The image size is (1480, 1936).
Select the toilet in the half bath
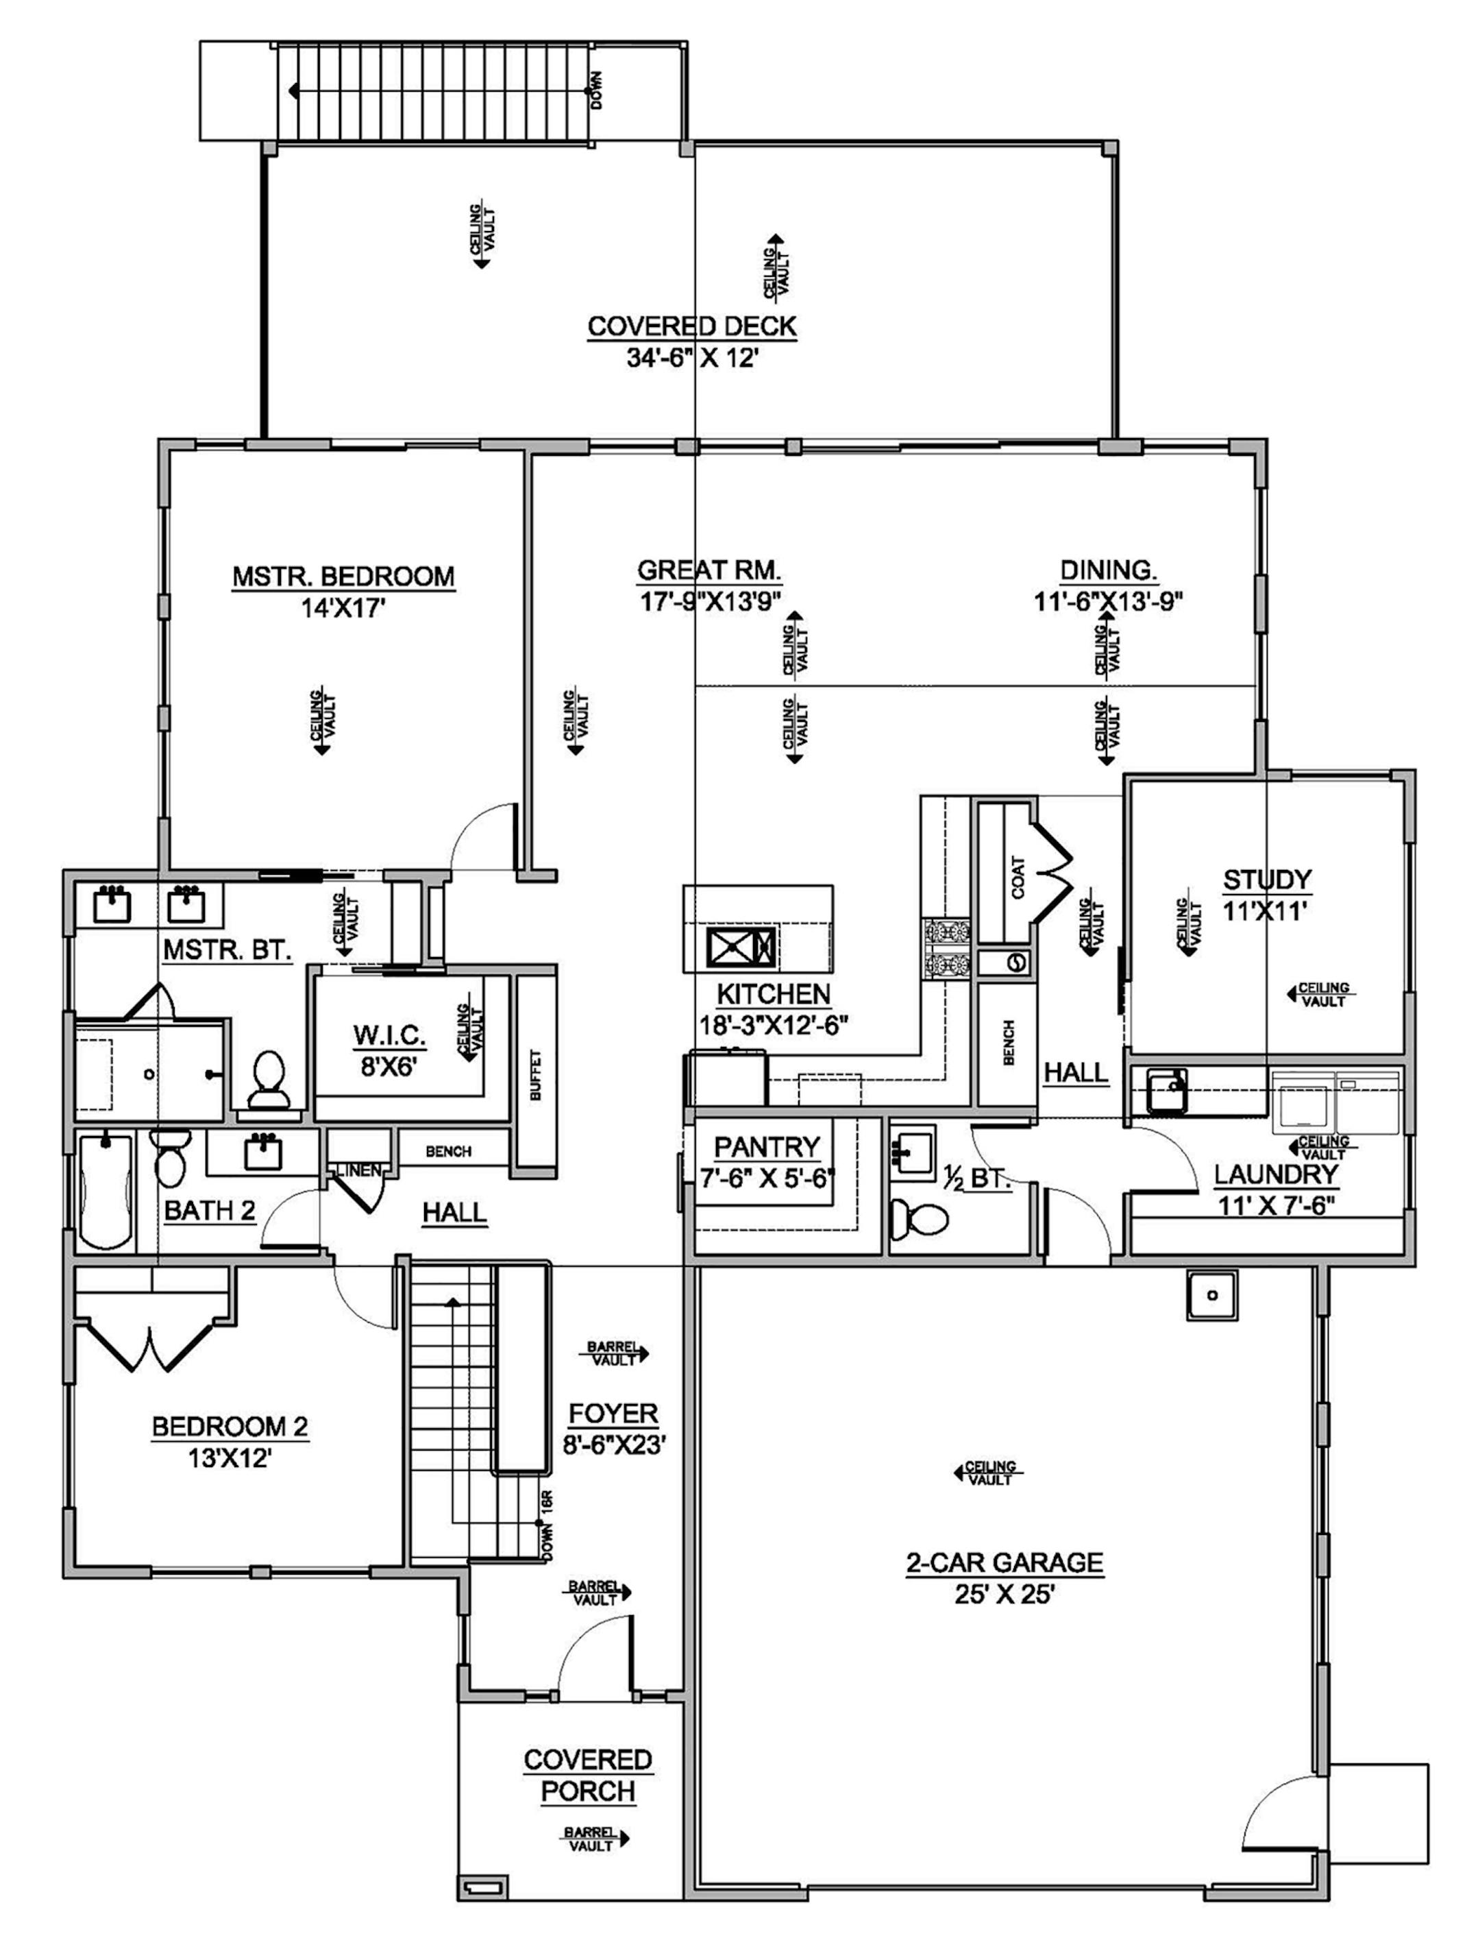[919, 1220]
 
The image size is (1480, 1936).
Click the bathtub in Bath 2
[106, 1194]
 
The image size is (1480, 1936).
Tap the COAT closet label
[1018, 877]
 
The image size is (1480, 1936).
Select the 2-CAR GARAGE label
[1004, 1562]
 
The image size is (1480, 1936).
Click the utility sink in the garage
[1211, 1294]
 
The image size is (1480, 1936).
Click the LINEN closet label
[358, 1170]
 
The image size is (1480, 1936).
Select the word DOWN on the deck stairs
[598, 90]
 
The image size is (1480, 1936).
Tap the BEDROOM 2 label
[230, 1426]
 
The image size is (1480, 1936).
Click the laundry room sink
[1168, 1092]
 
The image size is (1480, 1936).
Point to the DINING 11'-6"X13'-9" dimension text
[1107, 601]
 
